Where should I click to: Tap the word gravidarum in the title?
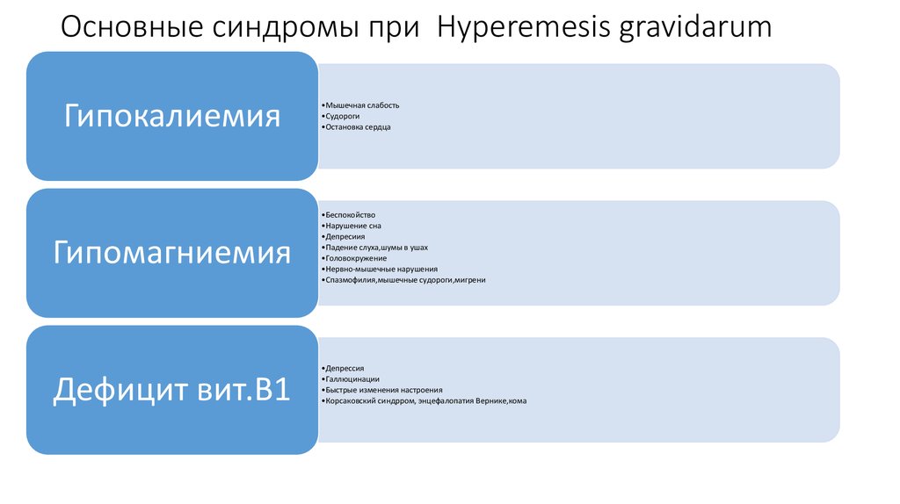pyautogui.click(x=695, y=27)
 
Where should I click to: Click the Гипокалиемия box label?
pyautogui.click(x=171, y=116)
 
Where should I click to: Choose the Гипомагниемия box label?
pyautogui.click(x=171, y=253)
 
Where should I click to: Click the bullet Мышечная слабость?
pyautogui.click(x=362, y=105)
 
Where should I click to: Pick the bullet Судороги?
pyautogui.click(x=342, y=116)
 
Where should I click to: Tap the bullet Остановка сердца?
pyautogui.click(x=358, y=127)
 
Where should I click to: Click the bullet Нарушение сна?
pyautogui.click(x=353, y=226)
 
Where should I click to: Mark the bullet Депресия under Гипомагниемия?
pyautogui.click(x=344, y=236)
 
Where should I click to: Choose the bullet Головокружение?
pyautogui.click(x=355, y=258)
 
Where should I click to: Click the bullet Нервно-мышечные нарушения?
pyautogui.click(x=381, y=270)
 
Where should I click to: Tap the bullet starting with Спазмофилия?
pyautogui.click(x=405, y=280)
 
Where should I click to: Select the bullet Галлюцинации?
pyautogui.click(x=352, y=379)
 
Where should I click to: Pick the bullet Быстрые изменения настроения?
pyautogui.click(x=383, y=390)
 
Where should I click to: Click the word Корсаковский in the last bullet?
pyautogui.click(x=351, y=401)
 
